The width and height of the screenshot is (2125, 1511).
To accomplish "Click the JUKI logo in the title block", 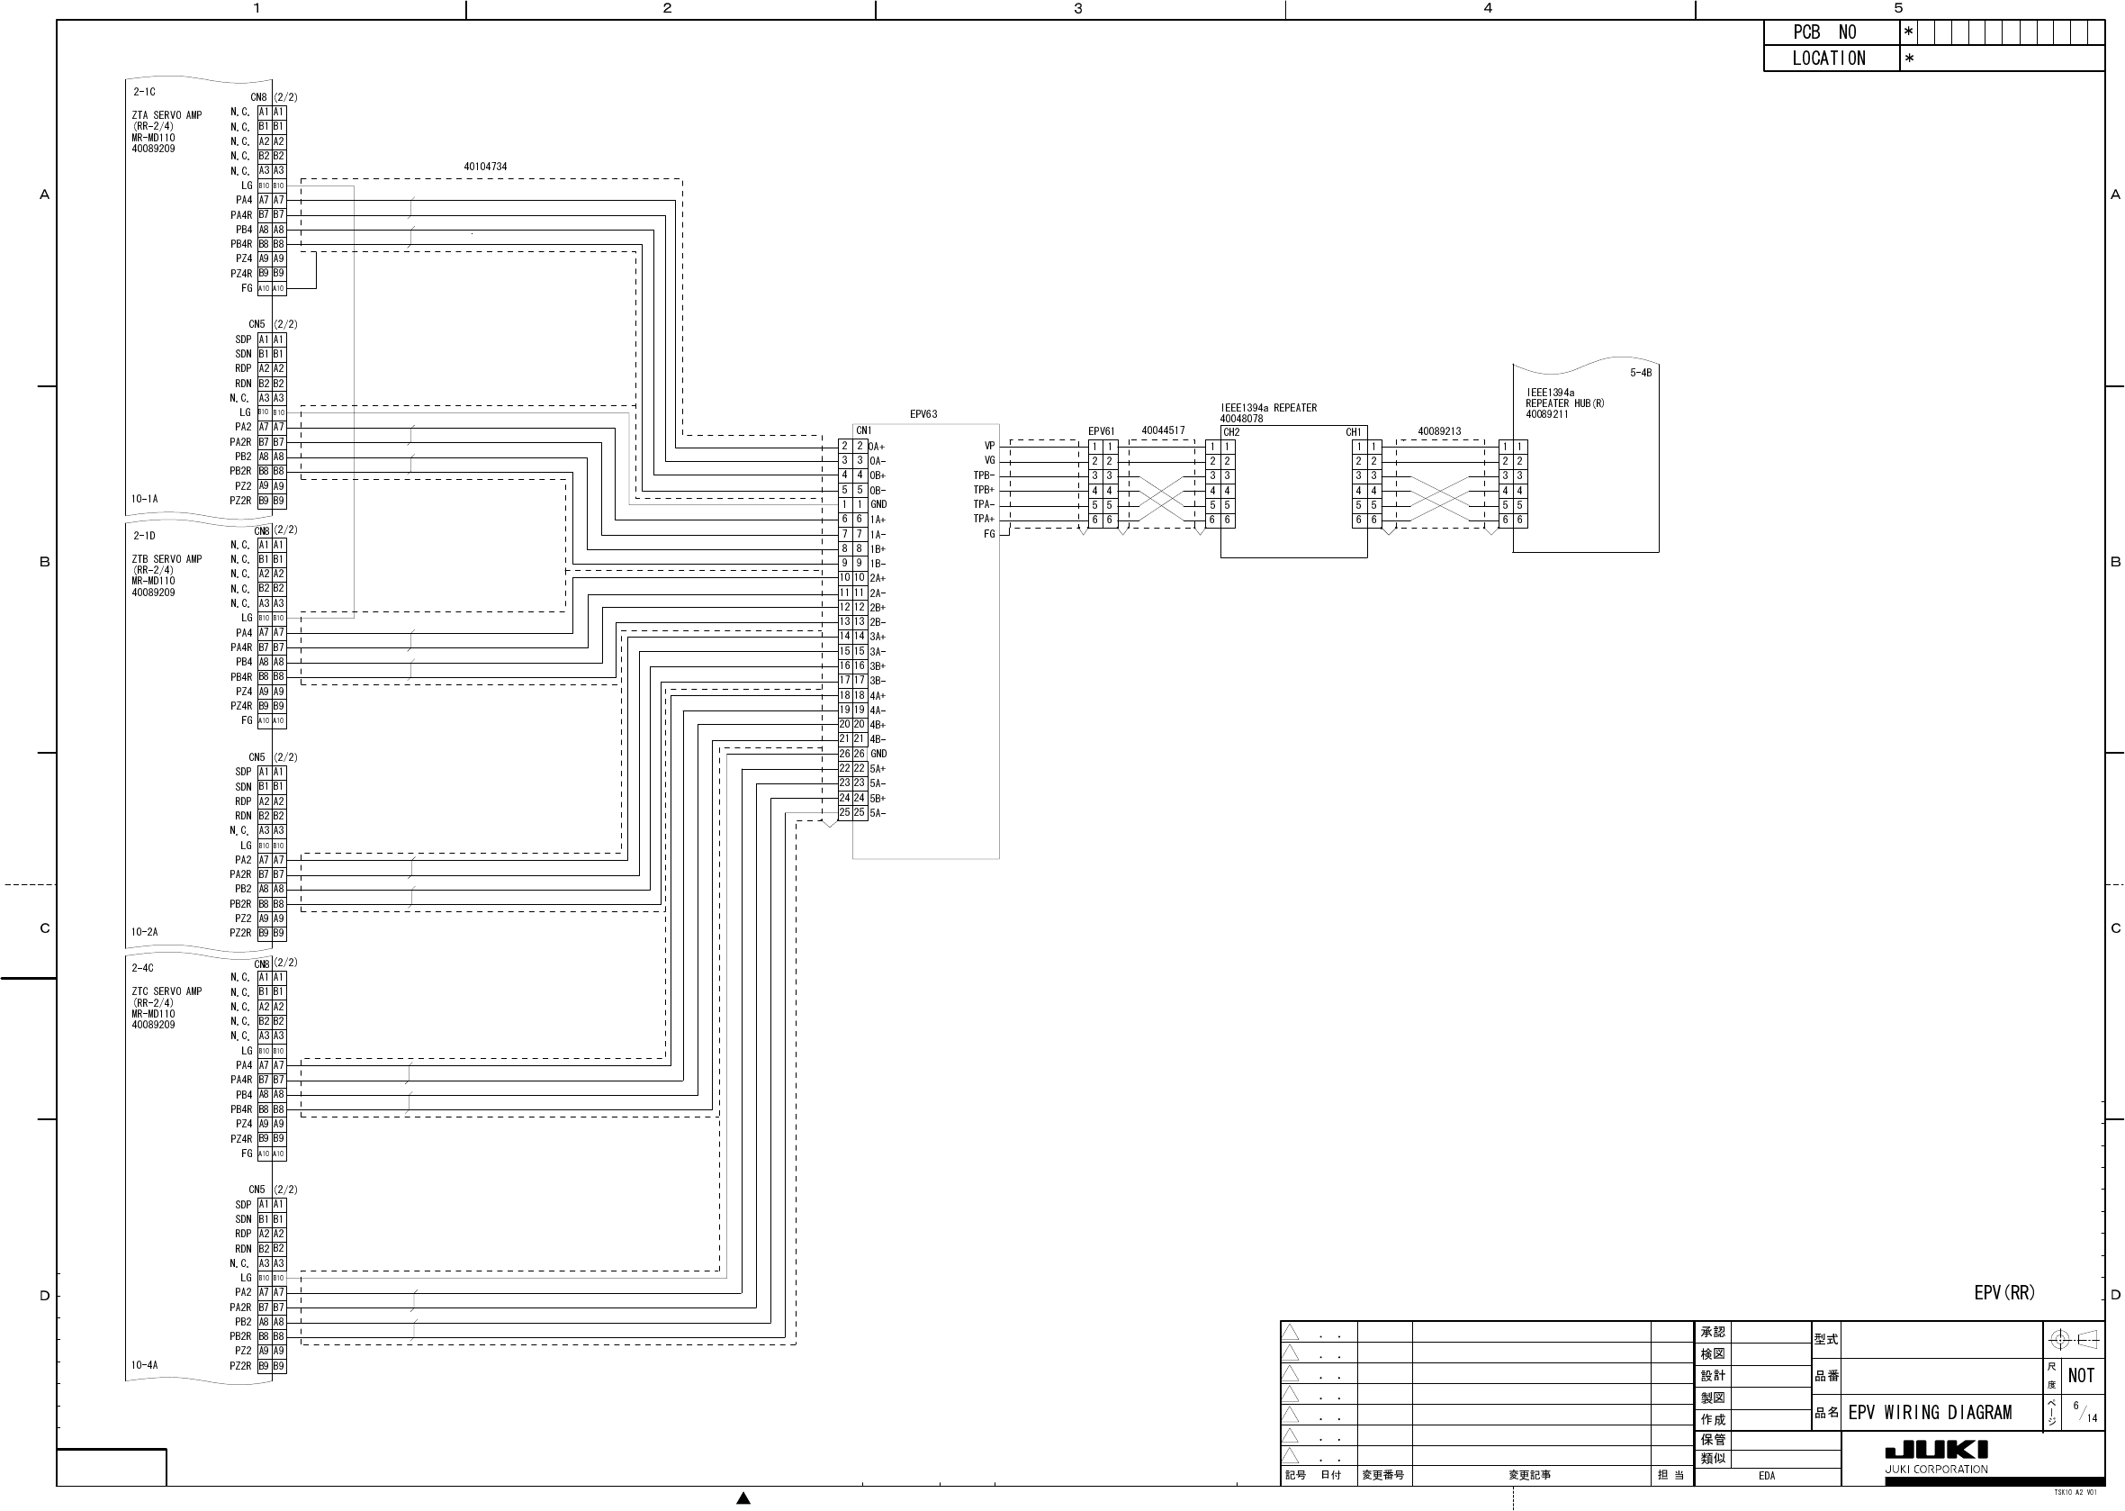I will click(1936, 1450).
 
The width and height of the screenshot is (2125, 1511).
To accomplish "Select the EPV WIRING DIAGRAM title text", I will click(1929, 1412).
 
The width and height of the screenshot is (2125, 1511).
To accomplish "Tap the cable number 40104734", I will click(485, 167).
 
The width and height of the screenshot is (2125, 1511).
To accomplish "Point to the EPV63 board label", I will click(923, 414).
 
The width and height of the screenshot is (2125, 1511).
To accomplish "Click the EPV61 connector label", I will click(1101, 430).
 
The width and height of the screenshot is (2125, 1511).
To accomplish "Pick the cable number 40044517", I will click(1163, 430).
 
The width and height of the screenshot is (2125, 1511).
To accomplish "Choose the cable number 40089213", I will click(1438, 430).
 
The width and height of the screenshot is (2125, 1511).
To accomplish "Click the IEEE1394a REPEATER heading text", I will click(1268, 408).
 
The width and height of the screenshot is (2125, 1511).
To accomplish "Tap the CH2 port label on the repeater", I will click(1231, 432).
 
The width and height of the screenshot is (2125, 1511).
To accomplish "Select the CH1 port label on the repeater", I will click(1353, 432).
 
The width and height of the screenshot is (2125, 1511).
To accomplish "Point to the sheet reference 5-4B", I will click(1641, 373).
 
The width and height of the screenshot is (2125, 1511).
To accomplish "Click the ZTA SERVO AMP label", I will click(167, 115).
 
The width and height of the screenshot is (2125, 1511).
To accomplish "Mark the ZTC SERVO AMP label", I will click(167, 991).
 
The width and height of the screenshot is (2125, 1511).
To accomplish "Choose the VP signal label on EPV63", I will click(989, 446).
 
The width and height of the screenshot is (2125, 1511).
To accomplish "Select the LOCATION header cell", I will click(1828, 59).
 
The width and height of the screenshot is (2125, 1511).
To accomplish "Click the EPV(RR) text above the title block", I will click(2004, 1292).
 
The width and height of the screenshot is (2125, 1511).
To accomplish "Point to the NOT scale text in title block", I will click(2081, 1375).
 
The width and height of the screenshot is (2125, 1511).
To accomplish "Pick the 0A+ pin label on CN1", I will click(877, 447).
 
